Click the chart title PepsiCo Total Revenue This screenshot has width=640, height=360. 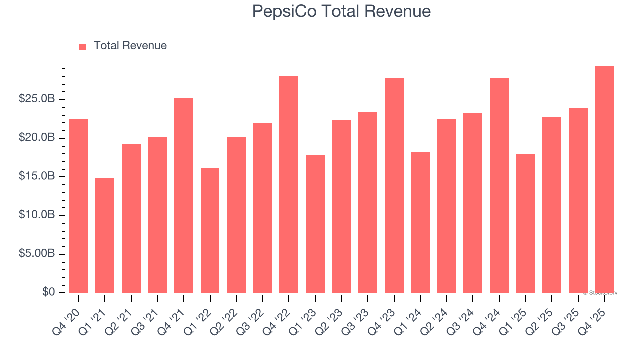pyautogui.click(x=341, y=11)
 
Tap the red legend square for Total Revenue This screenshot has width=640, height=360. pyautogui.click(x=83, y=46)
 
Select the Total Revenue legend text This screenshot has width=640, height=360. pyautogui.click(x=130, y=46)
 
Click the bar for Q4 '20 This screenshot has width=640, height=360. pyautogui.click(x=79, y=206)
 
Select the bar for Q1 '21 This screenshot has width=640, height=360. pyautogui.click(x=105, y=235)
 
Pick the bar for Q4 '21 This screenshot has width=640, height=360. pyautogui.click(x=184, y=195)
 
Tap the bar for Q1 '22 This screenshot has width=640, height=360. pyautogui.click(x=210, y=230)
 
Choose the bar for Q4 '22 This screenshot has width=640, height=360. pyautogui.click(x=289, y=184)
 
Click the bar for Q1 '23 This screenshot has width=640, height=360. pyautogui.click(x=315, y=224)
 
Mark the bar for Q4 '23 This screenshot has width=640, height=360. pyautogui.click(x=394, y=185)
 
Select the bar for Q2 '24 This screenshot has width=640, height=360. pyautogui.click(x=446, y=206)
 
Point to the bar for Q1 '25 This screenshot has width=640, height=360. pyautogui.click(x=525, y=223)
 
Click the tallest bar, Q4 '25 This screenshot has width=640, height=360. pyautogui.click(x=604, y=179)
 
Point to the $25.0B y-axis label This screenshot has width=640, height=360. pyautogui.click(x=36, y=99)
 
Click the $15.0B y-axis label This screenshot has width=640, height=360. pyautogui.click(x=36, y=177)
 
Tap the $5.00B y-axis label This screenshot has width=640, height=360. pyautogui.click(x=36, y=254)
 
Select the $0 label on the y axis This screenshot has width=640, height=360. pyautogui.click(x=48, y=292)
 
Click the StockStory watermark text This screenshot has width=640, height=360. pyautogui.click(x=600, y=293)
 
